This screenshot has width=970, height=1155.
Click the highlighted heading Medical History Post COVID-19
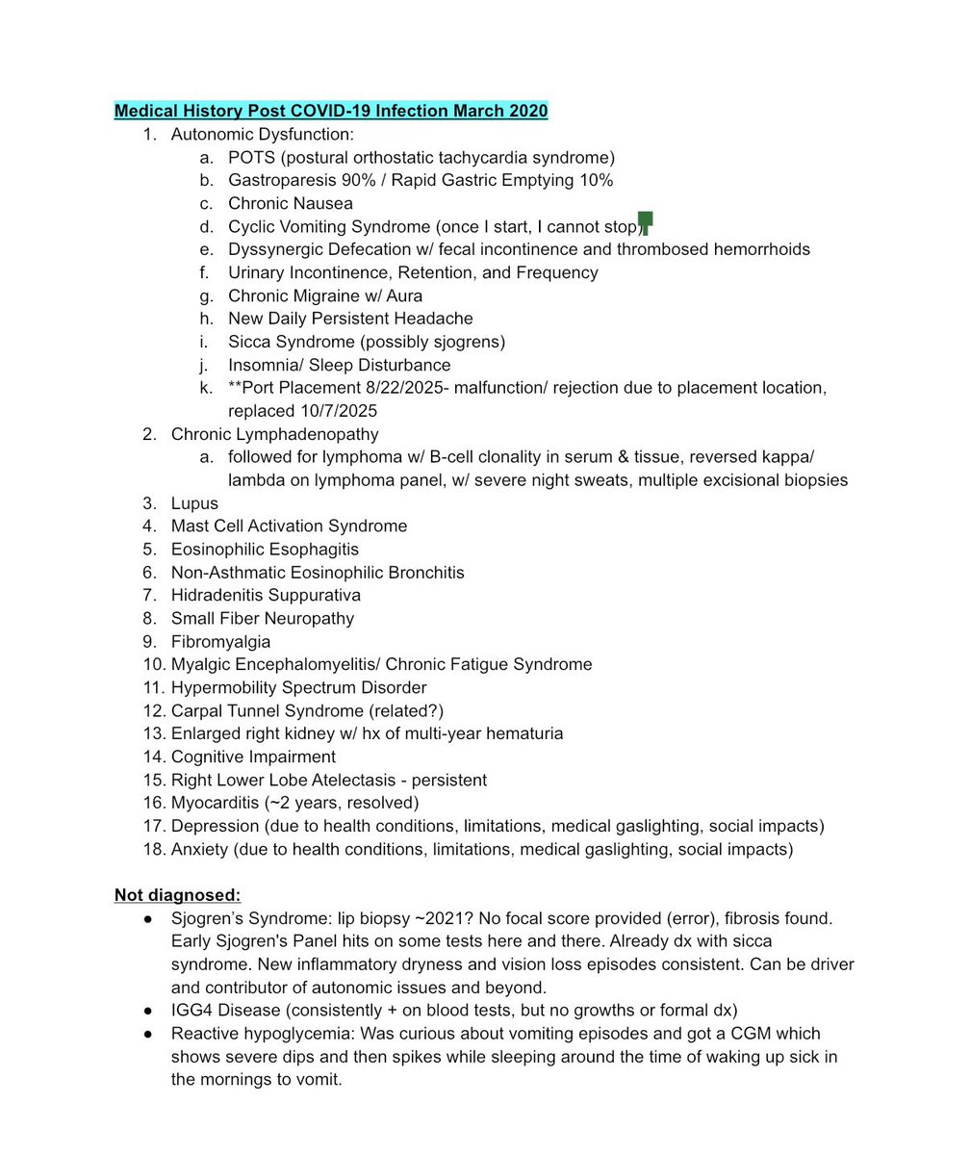pyautogui.click(x=331, y=111)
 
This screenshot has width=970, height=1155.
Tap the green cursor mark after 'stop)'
pyautogui.click(x=646, y=223)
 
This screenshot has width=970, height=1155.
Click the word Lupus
pyautogui.click(x=194, y=503)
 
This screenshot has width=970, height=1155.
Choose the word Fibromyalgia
pyautogui.click(x=220, y=642)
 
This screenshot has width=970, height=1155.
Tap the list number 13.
pyautogui.click(x=154, y=734)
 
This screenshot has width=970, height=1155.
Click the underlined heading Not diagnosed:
pyautogui.click(x=177, y=895)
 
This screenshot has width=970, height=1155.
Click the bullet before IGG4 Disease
pyautogui.click(x=148, y=1011)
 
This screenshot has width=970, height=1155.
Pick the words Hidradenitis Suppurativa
pyautogui.click(x=266, y=596)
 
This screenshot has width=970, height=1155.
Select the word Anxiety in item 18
pyautogui.click(x=199, y=849)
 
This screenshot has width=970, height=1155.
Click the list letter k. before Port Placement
pyautogui.click(x=206, y=388)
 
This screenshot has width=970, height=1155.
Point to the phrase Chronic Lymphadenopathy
pyautogui.click(x=274, y=434)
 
